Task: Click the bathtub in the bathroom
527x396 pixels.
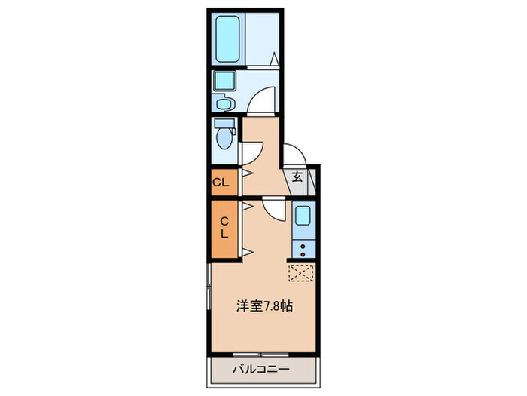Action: coord(227,38)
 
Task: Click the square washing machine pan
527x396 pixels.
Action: coord(224,81)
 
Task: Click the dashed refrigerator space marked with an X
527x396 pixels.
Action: coord(303,272)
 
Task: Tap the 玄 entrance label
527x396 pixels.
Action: coord(297,178)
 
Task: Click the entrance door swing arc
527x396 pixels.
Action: coord(294,155)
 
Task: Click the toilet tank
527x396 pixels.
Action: coord(220,124)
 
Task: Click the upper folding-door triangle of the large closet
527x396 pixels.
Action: coord(247,204)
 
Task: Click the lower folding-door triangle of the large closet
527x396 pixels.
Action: coord(247,252)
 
